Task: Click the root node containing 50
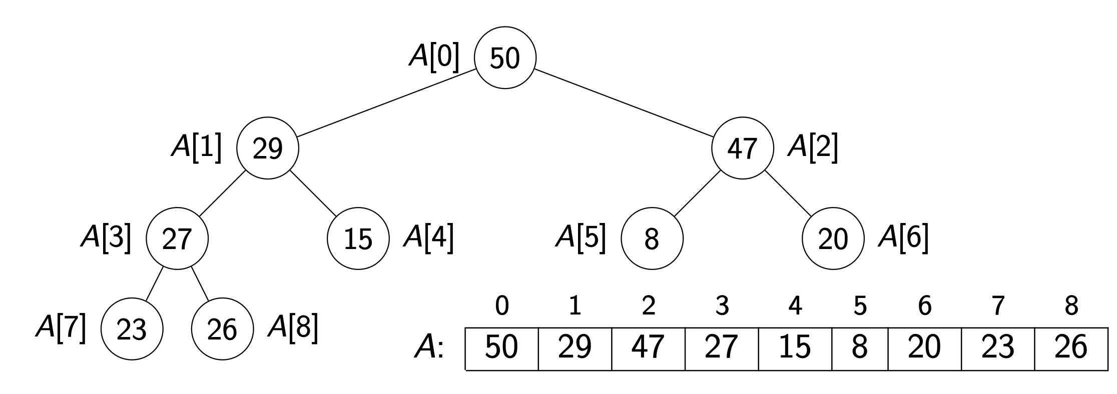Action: point(505,57)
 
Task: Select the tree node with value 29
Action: point(267,148)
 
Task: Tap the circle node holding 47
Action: point(743,148)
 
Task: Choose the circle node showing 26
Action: point(223,329)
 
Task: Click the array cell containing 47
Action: point(648,347)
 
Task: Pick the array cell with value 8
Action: point(859,347)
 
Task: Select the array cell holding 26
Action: point(1070,347)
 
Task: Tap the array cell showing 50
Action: point(502,347)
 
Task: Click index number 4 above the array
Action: point(795,306)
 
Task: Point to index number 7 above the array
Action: point(997,306)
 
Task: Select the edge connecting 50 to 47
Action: point(624,103)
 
